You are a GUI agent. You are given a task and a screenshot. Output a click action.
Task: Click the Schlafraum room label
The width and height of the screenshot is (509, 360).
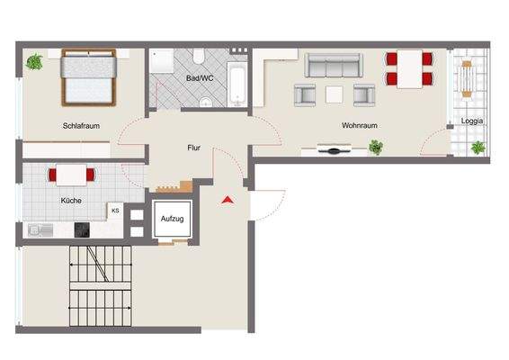pos(81,126)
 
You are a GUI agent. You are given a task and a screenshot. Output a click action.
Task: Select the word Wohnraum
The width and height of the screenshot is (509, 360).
pos(358,126)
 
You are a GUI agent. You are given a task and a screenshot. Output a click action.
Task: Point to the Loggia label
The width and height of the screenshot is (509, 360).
pos(472,120)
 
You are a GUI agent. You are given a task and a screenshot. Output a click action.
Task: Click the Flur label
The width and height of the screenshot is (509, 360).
pos(193,147)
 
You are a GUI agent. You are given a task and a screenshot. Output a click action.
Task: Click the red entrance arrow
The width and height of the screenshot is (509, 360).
pos(228,199)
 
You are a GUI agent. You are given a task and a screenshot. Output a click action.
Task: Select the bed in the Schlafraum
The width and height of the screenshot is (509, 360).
pos(87,76)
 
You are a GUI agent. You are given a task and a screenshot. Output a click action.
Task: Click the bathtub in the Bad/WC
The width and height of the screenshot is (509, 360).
pos(237,83)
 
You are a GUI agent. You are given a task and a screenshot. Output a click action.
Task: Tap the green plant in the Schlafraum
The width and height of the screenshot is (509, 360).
pos(34,62)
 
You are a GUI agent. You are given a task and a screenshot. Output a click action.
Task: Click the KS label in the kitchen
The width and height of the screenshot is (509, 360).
pos(115,210)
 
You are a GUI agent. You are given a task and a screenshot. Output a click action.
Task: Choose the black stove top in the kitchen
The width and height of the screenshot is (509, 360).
pos(83,229)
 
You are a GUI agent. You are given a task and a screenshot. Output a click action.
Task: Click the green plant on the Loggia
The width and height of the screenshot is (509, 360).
pos(478,147)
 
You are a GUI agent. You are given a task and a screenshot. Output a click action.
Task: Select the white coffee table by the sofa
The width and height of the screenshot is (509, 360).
pos(335,94)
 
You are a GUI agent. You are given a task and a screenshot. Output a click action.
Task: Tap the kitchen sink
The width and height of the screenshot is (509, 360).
pos(38,229)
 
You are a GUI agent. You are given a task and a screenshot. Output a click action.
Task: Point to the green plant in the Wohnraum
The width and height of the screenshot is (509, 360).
pos(375,147)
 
